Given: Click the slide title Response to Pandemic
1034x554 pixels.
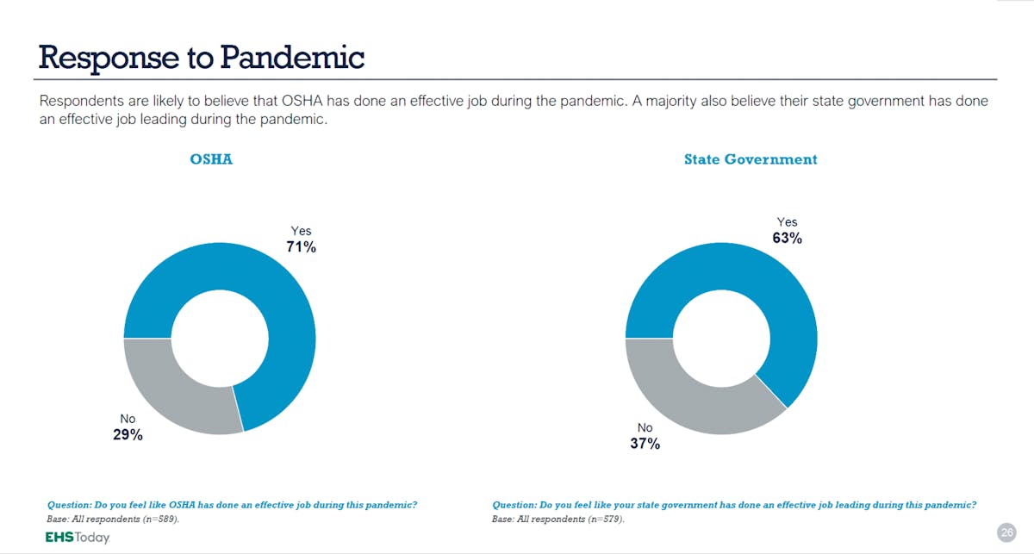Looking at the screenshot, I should [202, 57].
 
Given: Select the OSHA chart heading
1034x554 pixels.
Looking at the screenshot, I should [211, 159].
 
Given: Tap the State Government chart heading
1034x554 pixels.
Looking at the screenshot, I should [751, 159].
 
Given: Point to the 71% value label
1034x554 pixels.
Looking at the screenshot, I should [302, 247].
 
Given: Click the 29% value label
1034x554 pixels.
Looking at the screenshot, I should [128, 435].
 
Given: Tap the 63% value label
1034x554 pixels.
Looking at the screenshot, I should [787, 239].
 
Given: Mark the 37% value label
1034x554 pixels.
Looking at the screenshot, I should [645, 444].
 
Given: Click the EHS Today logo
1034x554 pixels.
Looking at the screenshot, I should [78, 537].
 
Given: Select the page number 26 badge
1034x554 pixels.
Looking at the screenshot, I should [1006, 532].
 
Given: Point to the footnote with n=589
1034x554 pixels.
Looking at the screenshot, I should [113, 520].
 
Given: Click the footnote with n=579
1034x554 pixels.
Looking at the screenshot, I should [558, 520].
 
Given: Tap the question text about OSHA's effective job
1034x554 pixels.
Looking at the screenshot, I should [238, 505].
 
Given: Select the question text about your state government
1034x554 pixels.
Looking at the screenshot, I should [734, 505].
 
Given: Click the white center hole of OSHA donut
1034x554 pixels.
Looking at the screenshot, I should [219, 338].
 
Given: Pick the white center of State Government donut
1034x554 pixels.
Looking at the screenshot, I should [720, 338].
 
